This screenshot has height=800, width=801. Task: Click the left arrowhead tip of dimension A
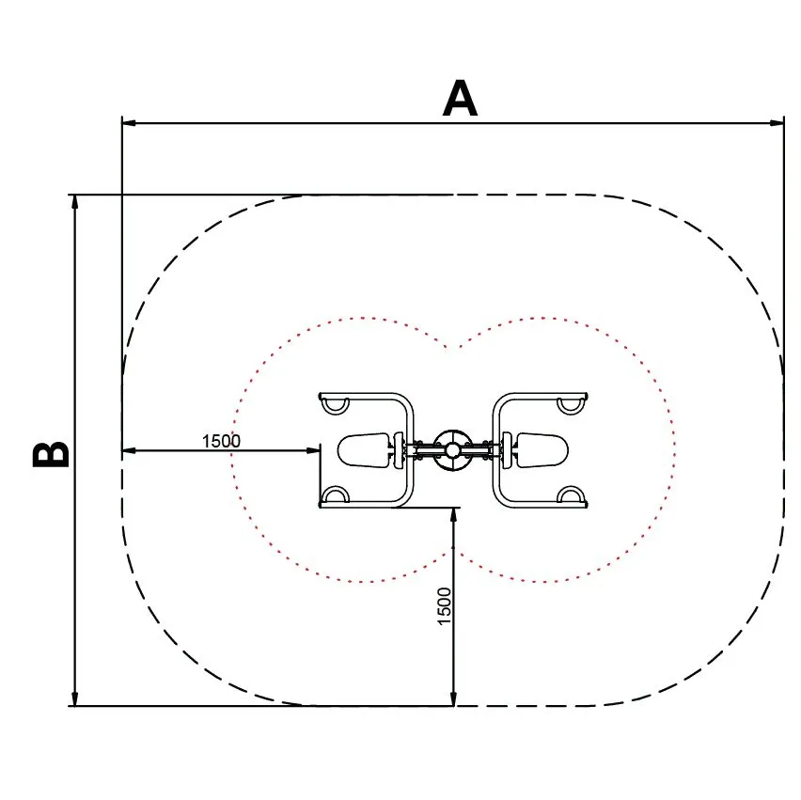click(122, 123)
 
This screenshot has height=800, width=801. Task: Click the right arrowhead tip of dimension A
click(784, 123)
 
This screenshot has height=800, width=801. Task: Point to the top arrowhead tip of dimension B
click(75, 196)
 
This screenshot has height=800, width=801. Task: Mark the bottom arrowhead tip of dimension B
click(75, 705)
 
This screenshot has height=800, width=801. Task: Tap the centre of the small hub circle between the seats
click(452, 450)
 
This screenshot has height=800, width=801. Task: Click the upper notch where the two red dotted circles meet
click(453, 348)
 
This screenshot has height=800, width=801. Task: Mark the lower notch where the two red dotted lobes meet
click(454, 552)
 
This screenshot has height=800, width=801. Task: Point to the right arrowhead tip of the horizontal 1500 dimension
click(320, 450)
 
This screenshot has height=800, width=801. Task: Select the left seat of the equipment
click(364, 449)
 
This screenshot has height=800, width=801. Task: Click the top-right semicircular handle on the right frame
click(571, 405)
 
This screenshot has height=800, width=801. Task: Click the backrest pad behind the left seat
click(398, 450)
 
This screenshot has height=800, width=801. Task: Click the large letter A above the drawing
click(460, 98)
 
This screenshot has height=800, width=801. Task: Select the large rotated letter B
click(51, 454)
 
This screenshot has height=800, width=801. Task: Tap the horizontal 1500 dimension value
click(221, 440)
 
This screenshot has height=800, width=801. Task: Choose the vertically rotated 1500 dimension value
click(445, 605)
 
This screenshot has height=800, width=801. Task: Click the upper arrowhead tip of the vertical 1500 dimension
click(453, 509)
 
